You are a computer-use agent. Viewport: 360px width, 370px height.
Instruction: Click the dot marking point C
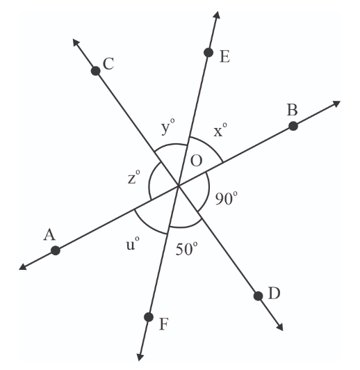[96, 70]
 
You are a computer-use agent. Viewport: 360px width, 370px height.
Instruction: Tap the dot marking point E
[208, 52]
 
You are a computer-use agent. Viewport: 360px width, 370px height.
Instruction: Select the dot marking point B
[293, 126]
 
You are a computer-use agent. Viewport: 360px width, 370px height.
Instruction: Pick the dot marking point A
[56, 250]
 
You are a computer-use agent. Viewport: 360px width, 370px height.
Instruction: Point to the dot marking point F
[148, 317]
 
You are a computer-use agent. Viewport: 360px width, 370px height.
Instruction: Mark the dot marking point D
[258, 296]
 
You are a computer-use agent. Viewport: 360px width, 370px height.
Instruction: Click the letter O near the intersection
[196, 161]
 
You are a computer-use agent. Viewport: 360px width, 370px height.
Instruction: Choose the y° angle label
[167, 127]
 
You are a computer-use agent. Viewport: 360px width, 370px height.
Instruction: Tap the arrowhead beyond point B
[337, 104]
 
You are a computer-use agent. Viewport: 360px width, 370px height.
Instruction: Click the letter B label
[292, 109]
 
